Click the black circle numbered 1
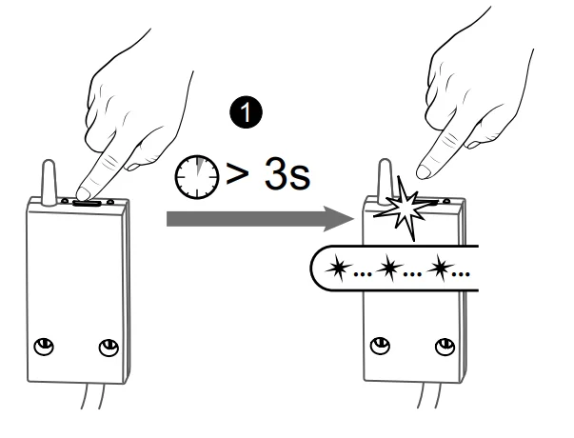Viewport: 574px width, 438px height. (246, 112)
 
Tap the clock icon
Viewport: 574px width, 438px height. (197, 177)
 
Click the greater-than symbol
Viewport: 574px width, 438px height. (237, 172)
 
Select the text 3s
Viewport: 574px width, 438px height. (287, 173)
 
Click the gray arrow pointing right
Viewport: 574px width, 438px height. (260, 219)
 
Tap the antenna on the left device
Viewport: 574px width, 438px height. (49, 183)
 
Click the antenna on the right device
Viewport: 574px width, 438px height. (385, 180)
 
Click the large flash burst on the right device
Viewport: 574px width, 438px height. (406, 209)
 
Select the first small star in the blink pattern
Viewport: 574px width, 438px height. (338, 269)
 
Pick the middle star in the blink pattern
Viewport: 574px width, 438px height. (389, 268)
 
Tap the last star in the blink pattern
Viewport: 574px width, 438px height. (441, 268)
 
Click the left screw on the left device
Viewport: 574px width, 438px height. (44, 347)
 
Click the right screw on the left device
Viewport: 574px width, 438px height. (109, 348)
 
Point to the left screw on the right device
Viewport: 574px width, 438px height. (381, 346)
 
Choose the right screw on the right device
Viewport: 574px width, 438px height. (445, 347)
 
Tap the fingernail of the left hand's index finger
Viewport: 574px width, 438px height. (84, 193)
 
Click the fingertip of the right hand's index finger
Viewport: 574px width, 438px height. (424, 171)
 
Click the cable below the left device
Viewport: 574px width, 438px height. (92, 396)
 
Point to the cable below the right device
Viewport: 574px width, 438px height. (429, 395)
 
